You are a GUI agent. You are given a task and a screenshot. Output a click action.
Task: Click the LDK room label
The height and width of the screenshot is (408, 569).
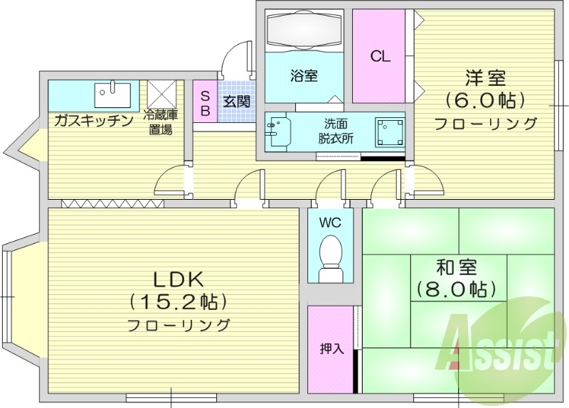point(179,278)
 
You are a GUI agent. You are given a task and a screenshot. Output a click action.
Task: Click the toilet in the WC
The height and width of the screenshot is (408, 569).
point(330,255)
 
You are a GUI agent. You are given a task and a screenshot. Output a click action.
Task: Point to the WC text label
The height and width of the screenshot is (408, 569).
point(330,222)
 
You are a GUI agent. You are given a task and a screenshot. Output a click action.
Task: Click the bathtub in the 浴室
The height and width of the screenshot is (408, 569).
point(304,32)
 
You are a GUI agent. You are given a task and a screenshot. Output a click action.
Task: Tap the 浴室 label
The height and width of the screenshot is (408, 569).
point(304,75)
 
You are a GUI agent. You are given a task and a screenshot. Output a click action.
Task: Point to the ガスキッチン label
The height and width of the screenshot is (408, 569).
point(93,120)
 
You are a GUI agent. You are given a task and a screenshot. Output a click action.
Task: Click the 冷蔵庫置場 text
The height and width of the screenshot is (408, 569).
point(160,122)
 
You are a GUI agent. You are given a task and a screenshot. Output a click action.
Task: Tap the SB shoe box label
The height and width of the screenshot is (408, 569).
point(205,102)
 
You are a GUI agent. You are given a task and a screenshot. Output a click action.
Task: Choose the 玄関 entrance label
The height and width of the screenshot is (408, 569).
point(236,102)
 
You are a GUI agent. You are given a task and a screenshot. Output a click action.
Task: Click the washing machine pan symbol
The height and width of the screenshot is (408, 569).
point(390,131)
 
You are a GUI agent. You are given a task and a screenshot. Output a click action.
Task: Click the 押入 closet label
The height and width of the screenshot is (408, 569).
point(331,348)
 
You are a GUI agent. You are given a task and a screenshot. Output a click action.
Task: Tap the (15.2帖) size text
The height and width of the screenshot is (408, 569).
point(179,302)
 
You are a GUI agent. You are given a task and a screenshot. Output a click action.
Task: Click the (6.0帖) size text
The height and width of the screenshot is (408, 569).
point(486,99)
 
